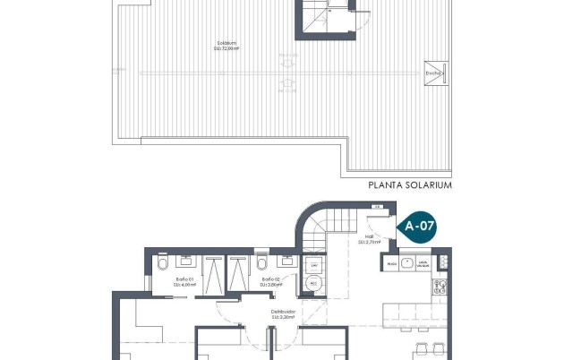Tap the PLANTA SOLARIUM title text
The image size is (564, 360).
[410, 185]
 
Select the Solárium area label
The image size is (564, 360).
[226, 47]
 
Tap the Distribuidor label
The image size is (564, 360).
[284, 314]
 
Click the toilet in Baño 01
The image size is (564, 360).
[162, 265]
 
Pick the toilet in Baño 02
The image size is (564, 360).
[260, 265]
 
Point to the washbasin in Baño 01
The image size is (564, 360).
[185, 261]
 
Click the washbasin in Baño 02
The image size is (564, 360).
[286, 261]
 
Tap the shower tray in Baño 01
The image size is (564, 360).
[215, 272]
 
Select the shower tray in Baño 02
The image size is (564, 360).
[239, 272]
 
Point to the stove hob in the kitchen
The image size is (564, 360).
[440, 287]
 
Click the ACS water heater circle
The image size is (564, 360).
[313, 284]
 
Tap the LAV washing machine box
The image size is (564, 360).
[313, 266]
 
